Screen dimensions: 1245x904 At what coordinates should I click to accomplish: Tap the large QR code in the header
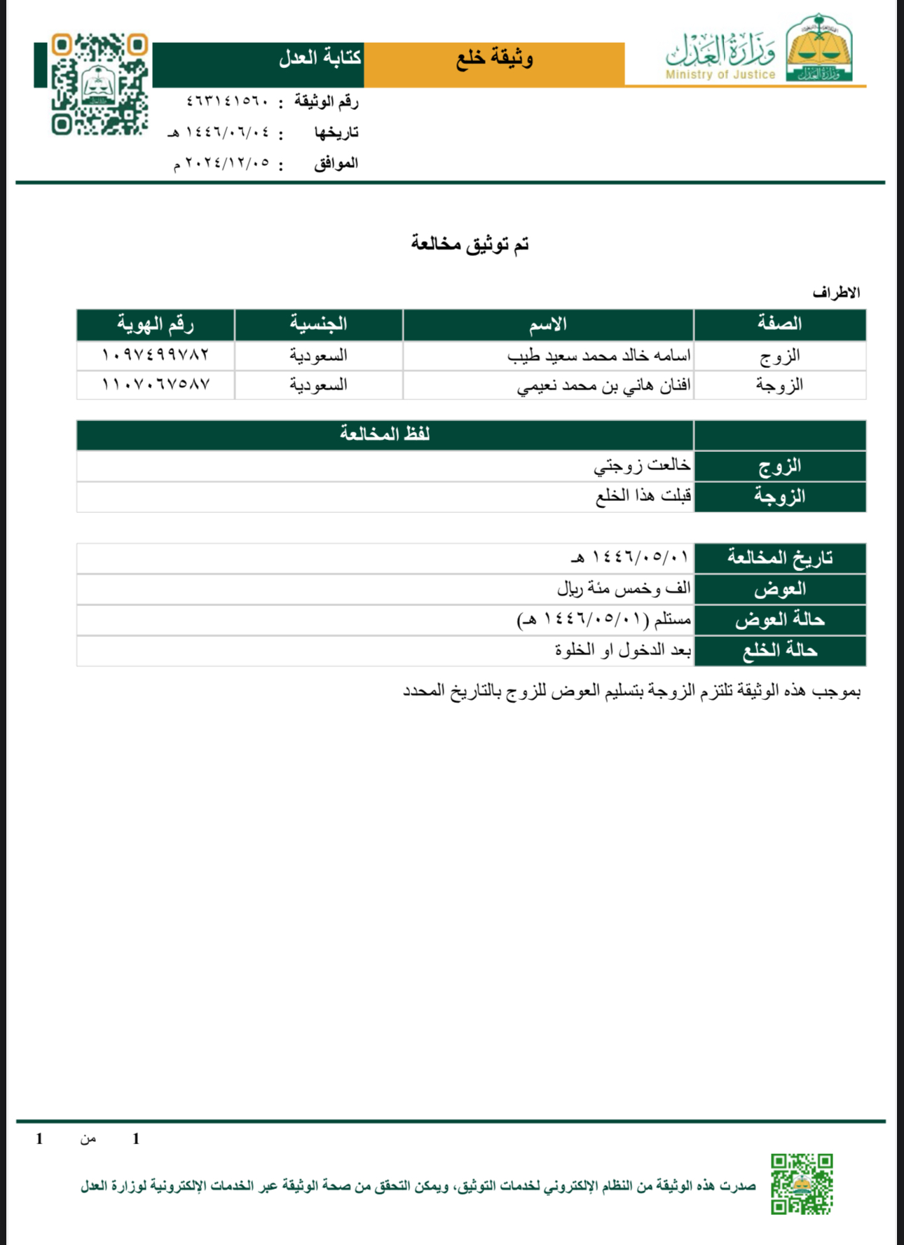pyautogui.click(x=99, y=83)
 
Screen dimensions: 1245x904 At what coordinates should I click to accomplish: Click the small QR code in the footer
pyautogui.click(x=802, y=1184)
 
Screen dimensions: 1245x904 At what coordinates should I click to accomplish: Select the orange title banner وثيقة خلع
pyautogui.click(x=494, y=59)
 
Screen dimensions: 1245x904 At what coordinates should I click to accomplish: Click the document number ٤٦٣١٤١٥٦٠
pyautogui.click(x=228, y=102)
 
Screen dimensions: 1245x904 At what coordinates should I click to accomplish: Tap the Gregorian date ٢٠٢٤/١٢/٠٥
pyautogui.click(x=222, y=163)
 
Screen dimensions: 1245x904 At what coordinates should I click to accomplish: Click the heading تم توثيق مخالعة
pyautogui.click(x=470, y=244)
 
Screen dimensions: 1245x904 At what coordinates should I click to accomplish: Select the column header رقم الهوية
pyautogui.click(x=155, y=324)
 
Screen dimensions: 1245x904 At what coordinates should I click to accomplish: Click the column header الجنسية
pyautogui.click(x=319, y=324)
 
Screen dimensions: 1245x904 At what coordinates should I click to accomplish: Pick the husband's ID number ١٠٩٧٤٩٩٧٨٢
pyautogui.click(x=156, y=355)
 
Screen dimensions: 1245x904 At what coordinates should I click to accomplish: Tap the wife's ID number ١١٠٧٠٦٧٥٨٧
pyautogui.click(x=156, y=385)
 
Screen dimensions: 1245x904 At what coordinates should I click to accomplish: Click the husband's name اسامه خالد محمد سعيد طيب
pyautogui.click(x=599, y=356)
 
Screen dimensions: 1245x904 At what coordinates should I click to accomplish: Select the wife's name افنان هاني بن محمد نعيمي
pyautogui.click(x=604, y=385)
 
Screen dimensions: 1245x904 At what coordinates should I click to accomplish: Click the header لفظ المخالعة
pyautogui.click(x=385, y=434)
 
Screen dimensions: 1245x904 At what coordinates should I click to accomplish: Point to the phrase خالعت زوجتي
pyautogui.click(x=642, y=465)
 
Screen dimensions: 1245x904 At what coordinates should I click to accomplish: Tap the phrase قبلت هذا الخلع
pyautogui.click(x=643, y=496)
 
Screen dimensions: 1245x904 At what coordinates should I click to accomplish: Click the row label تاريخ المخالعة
pyautogui.click(x=779, y=558)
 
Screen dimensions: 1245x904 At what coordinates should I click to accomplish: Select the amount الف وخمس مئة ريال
pyautogui.click(x=624, y=589)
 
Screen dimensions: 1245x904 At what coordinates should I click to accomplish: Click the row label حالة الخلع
pyautogui.click(x=779, y=651)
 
